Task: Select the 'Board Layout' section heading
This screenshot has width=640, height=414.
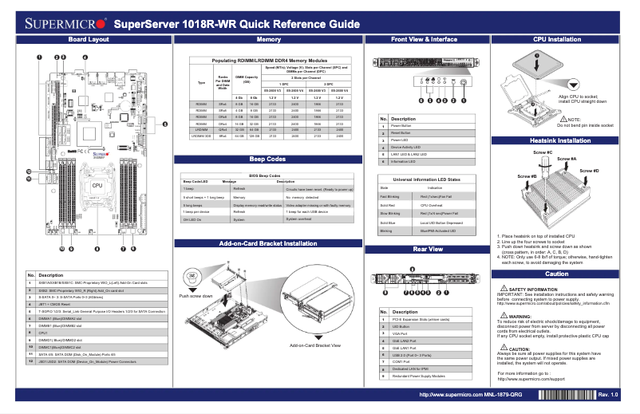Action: (89, 39)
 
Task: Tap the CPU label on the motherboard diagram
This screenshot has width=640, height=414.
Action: (97, 185)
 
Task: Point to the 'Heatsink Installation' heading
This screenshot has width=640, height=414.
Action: (556, 140)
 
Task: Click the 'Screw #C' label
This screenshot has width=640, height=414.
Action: (543, 152)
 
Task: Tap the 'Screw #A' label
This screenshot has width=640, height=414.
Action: (567, 159)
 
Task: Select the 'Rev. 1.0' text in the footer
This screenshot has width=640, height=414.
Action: (608, 395)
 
